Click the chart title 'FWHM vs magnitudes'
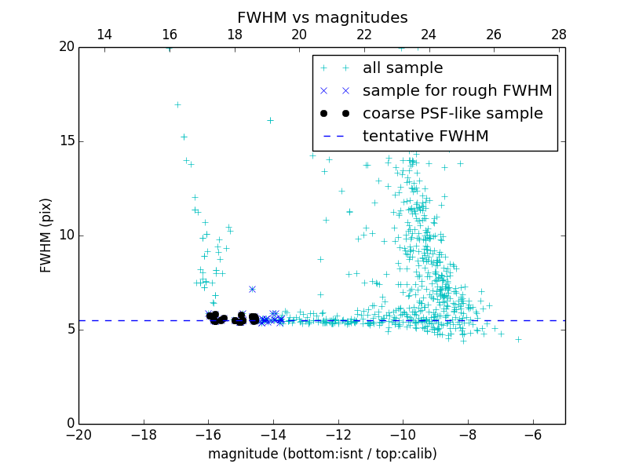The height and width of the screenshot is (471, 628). [x=322, y=17]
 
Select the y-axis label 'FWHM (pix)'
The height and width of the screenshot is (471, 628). [x=46, y=235]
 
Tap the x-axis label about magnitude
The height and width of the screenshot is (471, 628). [x=322, y=454]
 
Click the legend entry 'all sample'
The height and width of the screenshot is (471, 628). [x=402, y=68]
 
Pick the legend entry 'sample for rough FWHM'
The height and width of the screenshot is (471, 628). [x=457, y=90]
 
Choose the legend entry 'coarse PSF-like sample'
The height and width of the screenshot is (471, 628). [x=452, y=113]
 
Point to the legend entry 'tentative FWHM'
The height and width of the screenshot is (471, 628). [x=425, y=136]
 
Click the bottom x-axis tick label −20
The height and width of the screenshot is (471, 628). [x=78, y=435]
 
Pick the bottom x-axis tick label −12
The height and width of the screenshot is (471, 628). [x=338, y=435]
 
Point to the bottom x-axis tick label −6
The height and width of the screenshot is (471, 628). [x=533, y=435]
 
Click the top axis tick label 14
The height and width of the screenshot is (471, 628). [x=104, y=35]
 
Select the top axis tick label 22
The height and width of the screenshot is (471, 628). [x=364, y=35]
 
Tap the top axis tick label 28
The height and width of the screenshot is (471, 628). [x=559, y=35]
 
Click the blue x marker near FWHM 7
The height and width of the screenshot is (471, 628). [x=252, y=289]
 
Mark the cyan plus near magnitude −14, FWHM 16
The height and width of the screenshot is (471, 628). [x=270, y=120]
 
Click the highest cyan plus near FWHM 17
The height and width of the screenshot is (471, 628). [x=177, y=104]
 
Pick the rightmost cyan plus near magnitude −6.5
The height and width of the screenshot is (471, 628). [x=518, y=339]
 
